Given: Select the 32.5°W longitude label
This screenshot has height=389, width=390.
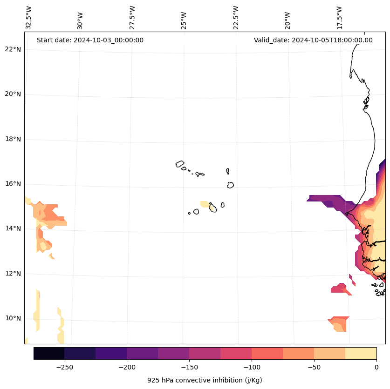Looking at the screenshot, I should coord(29,18).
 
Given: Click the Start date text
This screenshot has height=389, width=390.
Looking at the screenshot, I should coord(90,40).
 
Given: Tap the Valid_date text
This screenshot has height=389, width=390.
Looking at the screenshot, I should coord(313,40).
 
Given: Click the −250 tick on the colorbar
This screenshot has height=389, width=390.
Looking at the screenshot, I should coord(64,367).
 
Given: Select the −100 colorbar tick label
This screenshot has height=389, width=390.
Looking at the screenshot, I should coord(252,367).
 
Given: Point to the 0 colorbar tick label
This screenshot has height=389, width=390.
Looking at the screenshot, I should coord(376,367).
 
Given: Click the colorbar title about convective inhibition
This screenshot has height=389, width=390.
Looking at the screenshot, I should coord(205,380).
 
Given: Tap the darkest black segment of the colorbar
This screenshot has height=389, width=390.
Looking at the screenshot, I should coord(49,353).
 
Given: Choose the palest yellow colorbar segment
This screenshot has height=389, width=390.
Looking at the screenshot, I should coord(361,353).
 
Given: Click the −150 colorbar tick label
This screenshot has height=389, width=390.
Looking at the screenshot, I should coord(189,367).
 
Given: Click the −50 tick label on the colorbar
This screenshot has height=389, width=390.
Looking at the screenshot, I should coord(314,367).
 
